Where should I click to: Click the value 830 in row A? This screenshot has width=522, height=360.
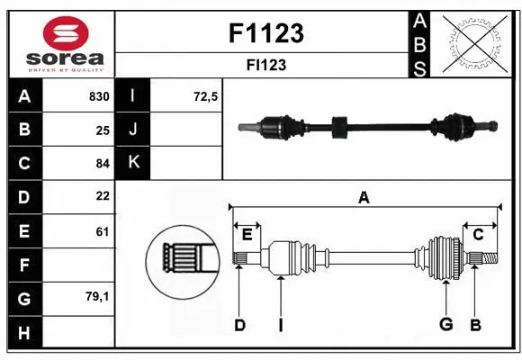[99, 96]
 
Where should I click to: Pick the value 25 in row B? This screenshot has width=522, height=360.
[103, 130]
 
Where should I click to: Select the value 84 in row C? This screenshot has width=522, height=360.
[103, 163]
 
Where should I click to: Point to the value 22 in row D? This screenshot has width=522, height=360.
[103, 196]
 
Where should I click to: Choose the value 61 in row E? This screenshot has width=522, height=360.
[103, 231]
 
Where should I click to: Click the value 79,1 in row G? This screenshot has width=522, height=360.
[98, 295]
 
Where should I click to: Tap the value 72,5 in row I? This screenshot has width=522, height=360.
[206, 96]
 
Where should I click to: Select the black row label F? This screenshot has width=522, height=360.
[23, 265]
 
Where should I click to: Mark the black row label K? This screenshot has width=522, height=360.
[133, 163]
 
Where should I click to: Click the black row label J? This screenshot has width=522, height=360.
[133, 130]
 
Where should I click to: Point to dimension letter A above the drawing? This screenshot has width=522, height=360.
[364, 198]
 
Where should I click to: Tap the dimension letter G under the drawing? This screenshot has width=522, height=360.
[445, 325]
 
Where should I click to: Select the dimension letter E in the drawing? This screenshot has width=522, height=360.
[247, 234]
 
